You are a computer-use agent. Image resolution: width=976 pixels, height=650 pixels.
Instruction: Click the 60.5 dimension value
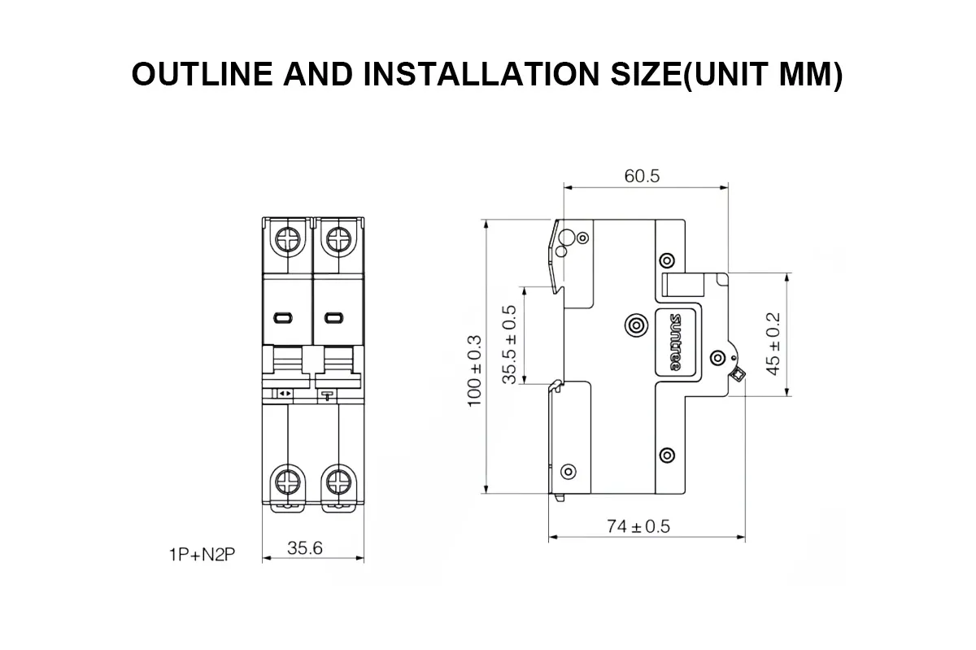pyautogui.click(x=642, y=176)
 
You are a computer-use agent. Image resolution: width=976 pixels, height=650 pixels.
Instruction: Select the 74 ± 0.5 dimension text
pyautogui.click(x=638, y=526)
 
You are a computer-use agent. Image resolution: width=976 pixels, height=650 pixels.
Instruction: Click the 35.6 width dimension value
pyautogui.click(x=305, y=547)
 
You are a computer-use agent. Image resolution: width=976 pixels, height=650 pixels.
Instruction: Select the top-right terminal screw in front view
pyautogui.click(x=336, y=239)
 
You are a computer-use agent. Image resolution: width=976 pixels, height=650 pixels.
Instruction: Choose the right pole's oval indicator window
pyautogui.click(x=333, y=317)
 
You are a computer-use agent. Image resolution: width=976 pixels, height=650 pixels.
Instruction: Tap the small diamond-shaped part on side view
pyautogui.click(x=738, y=374)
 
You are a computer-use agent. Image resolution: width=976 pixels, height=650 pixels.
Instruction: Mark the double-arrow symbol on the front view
pyautogui.click(x=285, y=394)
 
